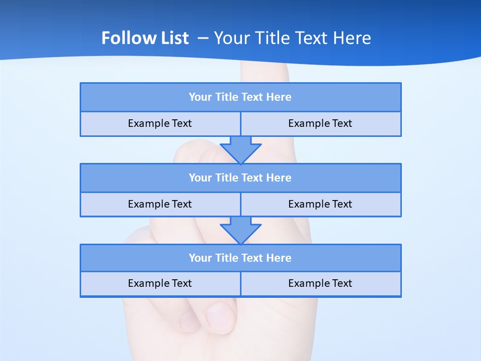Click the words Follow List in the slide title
[145, 38]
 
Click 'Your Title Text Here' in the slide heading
[293, 38]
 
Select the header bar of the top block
[241, 97]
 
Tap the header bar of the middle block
[241, 178]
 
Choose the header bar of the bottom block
[241, 258]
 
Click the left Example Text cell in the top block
[160, 124]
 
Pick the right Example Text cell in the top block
[320, 124]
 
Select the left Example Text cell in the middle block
[160, 205]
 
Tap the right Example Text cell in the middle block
[320, 205]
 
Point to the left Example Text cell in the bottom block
[160, 284]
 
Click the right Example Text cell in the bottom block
[320, 284]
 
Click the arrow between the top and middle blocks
[241, 149]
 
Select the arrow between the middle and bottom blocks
[241, 230]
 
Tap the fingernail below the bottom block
[220, 317]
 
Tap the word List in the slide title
[173, 38]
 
